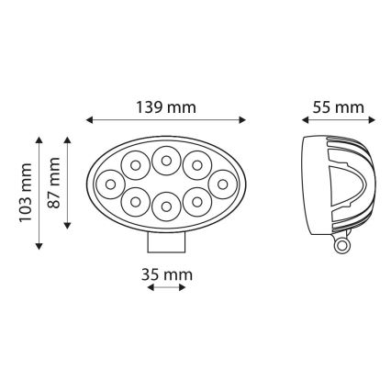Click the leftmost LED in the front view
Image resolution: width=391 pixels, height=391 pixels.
coord(110,184)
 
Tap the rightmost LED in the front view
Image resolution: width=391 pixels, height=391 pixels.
coord(220,184)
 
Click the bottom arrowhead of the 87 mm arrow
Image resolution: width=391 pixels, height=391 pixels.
coord(67,225)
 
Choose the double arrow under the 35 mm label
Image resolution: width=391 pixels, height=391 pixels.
coord(166,287)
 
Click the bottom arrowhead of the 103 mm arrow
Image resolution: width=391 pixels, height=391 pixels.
coord(39,246)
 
